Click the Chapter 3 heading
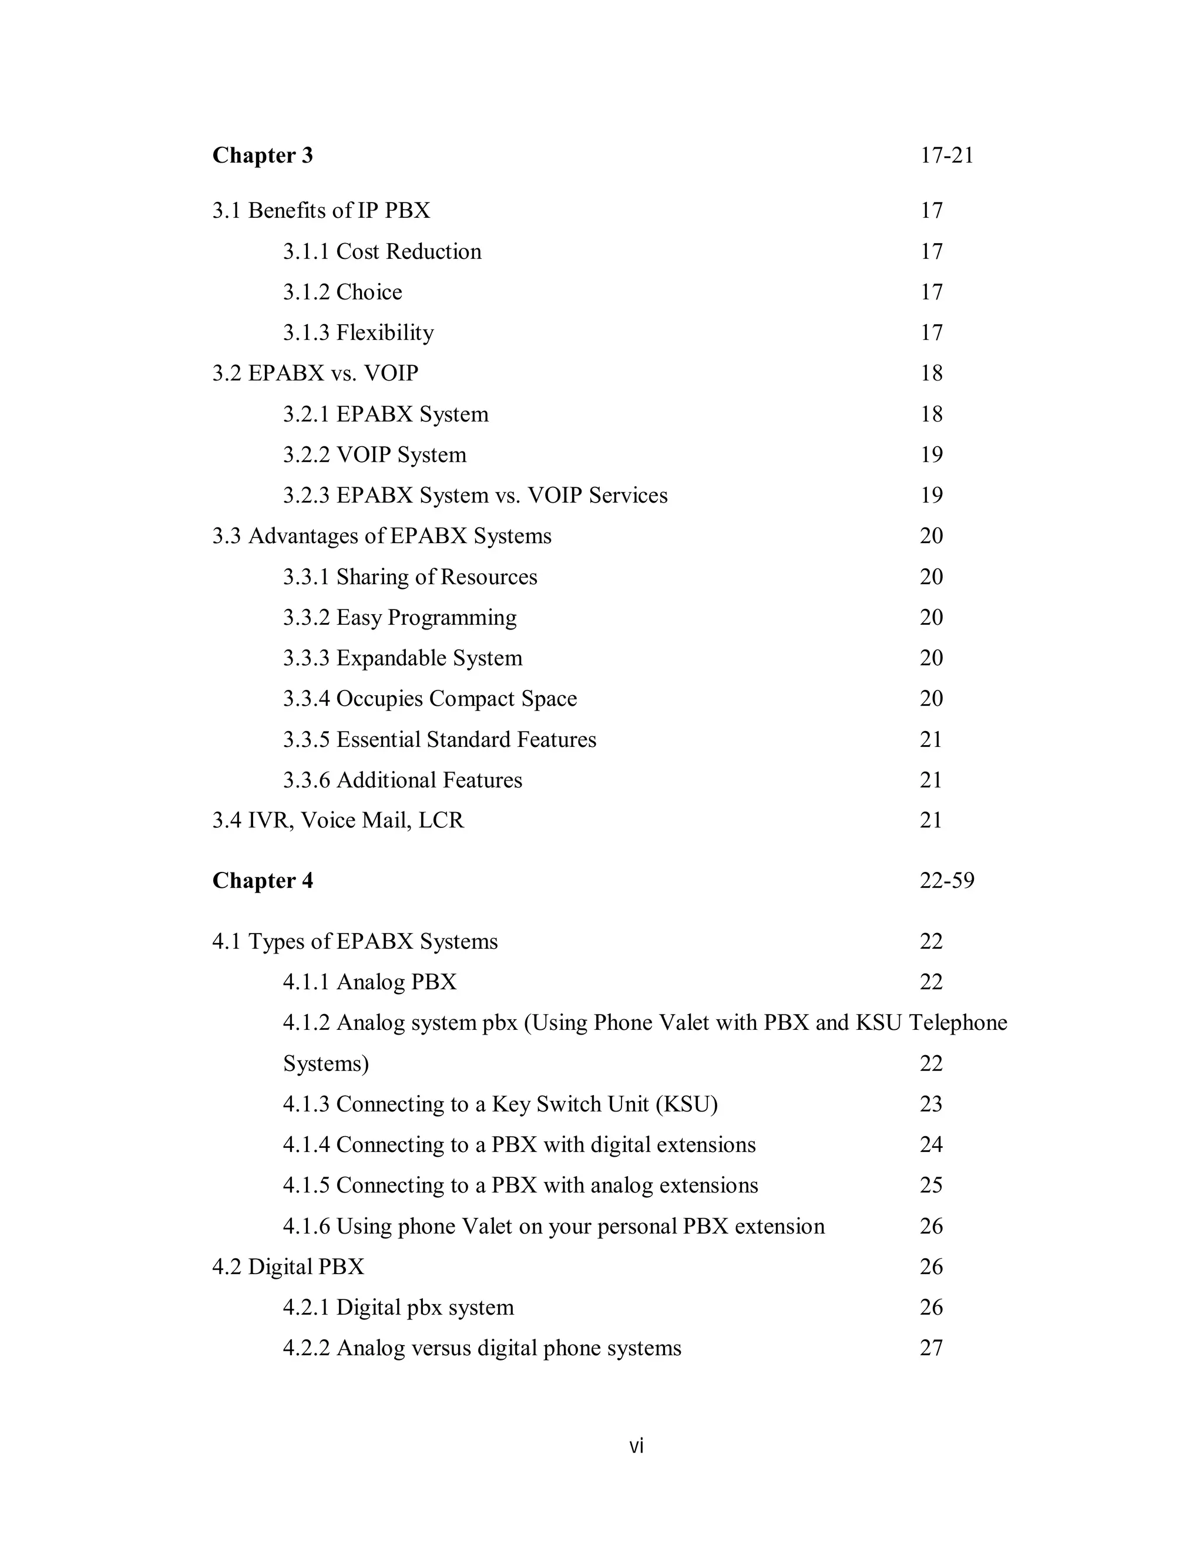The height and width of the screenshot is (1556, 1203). tap(262, 156)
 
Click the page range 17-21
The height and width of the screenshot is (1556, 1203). tap(946, 156)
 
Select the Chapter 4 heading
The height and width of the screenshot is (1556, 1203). tap(262, 881)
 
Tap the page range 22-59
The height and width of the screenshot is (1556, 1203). tap(946, 881)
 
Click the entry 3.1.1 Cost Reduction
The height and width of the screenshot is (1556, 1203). tap(382, 251)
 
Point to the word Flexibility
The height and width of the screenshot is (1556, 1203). tap(385, 333)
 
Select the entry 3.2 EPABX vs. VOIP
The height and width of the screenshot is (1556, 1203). tap(315, 373)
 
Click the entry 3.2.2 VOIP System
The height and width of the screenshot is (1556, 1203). tap(374, 454)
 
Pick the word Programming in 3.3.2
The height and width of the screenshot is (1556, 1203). tap(452, 618)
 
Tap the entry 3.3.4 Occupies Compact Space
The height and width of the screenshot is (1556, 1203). tap(430, 699)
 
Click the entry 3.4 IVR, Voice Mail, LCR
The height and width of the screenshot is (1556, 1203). tap(338, 821)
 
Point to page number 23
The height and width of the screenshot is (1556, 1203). tap(931, 1104)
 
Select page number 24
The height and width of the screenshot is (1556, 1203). tap(931, 1145)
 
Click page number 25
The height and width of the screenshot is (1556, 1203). tap(931, 1185)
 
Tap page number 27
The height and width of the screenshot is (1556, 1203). tap(931, 1348)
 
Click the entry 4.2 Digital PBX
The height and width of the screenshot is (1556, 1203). tap(288, 1267)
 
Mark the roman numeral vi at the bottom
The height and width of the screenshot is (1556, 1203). tap(636, 1446)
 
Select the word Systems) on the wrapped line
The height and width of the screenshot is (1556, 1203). tap(325, 1064)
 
